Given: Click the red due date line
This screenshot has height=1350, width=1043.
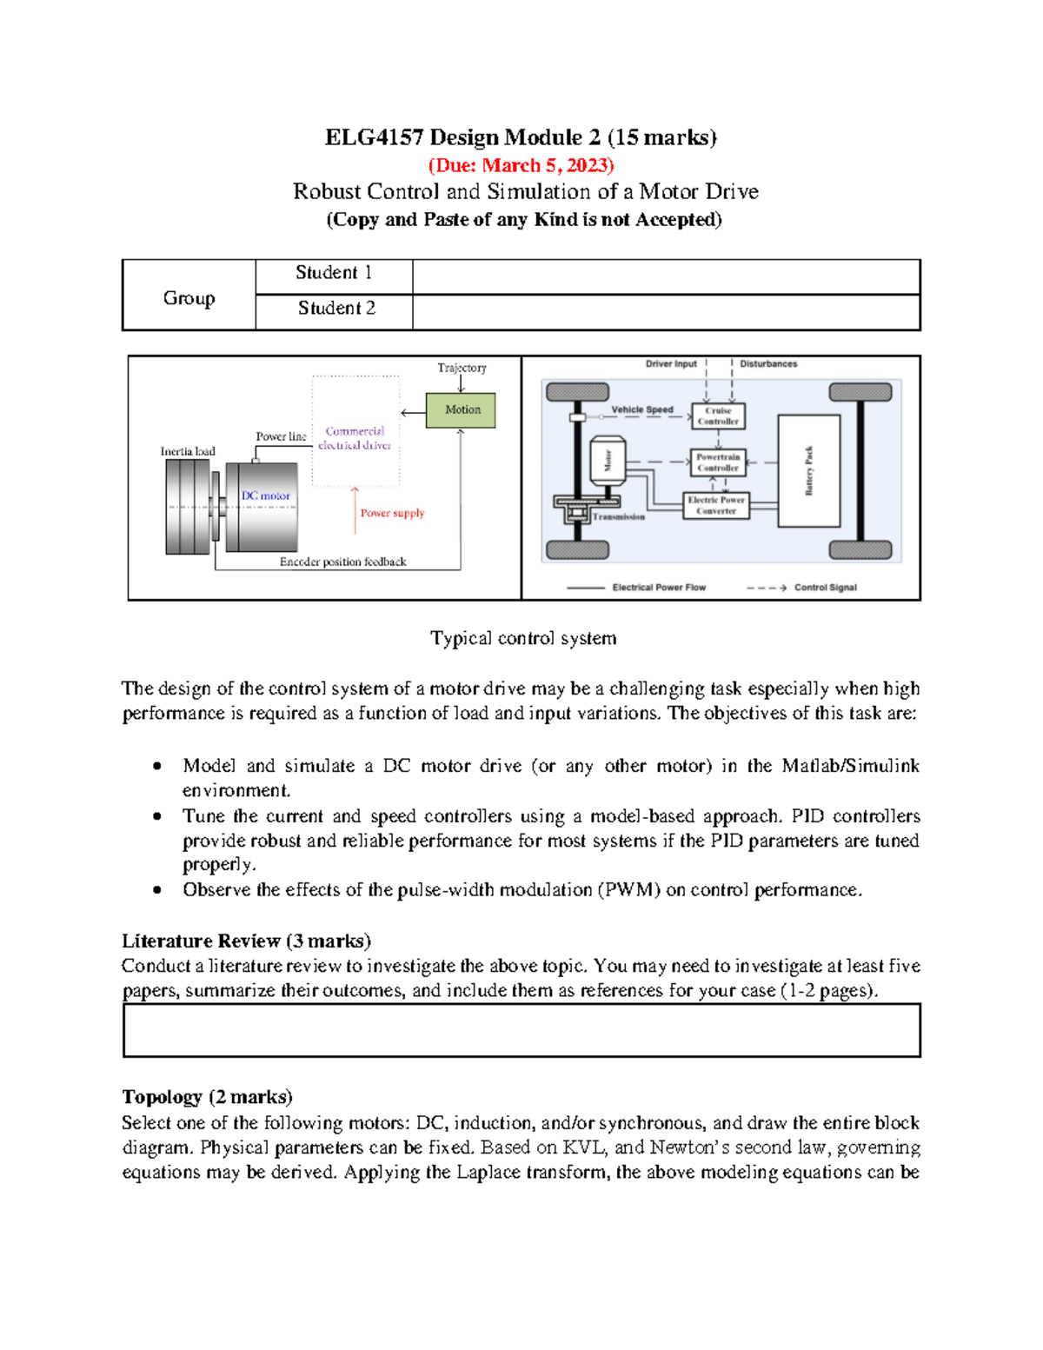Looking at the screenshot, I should (x=521, y=165).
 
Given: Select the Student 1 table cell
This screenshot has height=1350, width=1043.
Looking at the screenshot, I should (x=334, y=274).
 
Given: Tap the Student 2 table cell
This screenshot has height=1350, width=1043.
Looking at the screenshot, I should (x=335, y=309).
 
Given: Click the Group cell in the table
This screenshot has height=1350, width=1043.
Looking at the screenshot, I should (x=189, y=298).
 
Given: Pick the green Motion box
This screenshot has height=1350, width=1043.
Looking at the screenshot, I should (x=461, y=409).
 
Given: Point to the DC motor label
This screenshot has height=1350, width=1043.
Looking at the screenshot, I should (x=265, y=495).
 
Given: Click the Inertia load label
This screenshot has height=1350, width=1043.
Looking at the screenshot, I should (x=188, y=451).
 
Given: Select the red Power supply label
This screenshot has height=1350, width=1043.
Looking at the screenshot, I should (x=392, y=513).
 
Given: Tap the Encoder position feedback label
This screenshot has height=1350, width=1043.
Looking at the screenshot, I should (x=342, y=562).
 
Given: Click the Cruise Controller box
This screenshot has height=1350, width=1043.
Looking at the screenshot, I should (x=718, y=416).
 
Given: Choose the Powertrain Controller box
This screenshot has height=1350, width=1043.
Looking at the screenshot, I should (x=717, y=462).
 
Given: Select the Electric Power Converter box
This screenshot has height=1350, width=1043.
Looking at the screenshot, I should (x=715, y=506).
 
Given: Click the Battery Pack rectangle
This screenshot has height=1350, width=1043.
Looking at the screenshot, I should (x=808, y=471).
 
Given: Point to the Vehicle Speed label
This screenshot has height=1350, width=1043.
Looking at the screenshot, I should (x=641, y=409).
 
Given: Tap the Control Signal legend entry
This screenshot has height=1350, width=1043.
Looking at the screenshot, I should (x=825, y=588).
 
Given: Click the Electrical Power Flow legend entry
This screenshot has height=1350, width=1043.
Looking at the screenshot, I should (x=658, y=588).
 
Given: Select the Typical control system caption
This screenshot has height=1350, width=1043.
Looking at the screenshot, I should (x=523, y=639).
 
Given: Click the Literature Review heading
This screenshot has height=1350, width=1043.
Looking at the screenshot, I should (x=246, y=941).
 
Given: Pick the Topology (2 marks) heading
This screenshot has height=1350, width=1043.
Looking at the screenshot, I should (x=207, y=1097).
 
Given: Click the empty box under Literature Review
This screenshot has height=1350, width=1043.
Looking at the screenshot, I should (x=521, y=1031).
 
